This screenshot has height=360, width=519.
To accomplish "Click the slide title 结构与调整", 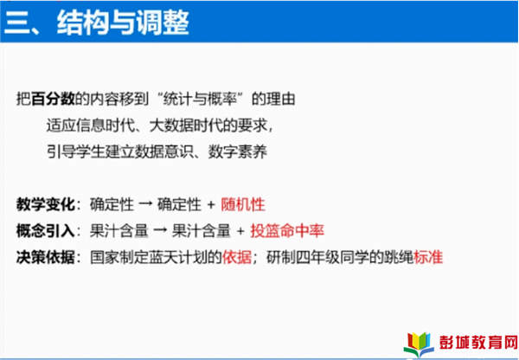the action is pos(123,22).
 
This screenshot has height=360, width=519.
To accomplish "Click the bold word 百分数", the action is pos(53,99).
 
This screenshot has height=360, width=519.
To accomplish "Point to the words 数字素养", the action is pos(237,152).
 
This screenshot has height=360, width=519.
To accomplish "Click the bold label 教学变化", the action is pos(45,204).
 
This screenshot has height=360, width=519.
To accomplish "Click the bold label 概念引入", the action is pos(45,231).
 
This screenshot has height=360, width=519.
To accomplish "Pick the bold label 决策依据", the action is pos(45,257).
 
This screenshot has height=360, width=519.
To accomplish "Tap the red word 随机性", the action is pos(243,204).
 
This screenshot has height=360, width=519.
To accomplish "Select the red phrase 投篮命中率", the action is pos(287,231).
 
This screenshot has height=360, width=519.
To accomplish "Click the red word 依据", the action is pos(237,257).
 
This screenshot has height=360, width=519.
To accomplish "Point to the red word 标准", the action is pos(428,257).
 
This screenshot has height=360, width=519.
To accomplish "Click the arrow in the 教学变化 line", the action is pos(145,204).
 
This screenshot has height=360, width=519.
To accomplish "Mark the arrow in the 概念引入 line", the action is pos(160,231).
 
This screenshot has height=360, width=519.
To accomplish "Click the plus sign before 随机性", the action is pos(211,205).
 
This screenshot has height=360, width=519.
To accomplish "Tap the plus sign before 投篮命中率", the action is pos(241,231).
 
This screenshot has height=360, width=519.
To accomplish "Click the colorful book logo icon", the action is pos(419,344).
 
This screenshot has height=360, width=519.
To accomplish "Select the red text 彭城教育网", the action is pos(478,343).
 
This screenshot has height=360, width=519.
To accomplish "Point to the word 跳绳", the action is pos(399,257).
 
